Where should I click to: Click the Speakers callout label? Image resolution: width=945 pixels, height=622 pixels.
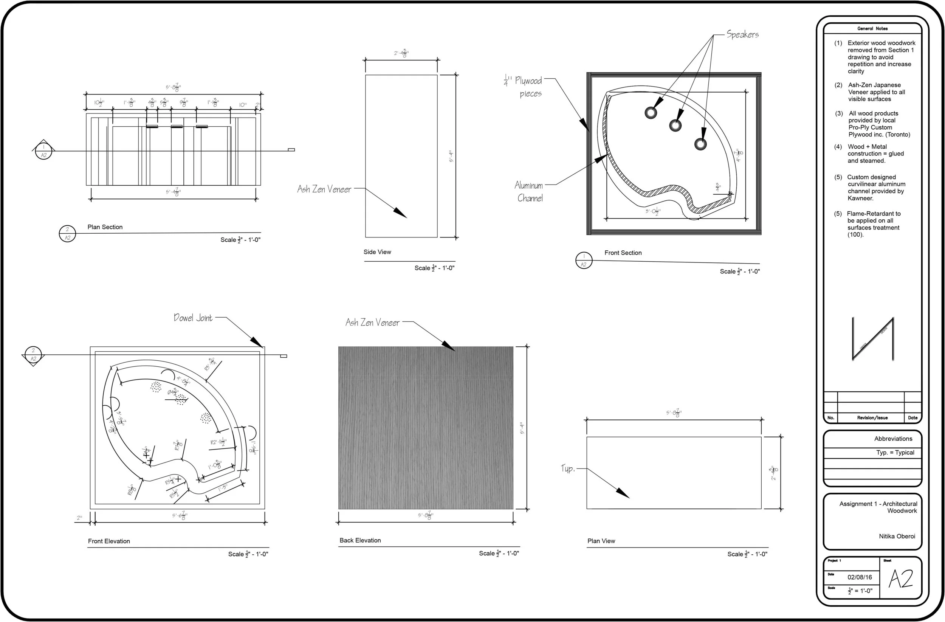point(742,34)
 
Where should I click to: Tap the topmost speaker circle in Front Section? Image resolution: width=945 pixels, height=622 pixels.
point(651,113)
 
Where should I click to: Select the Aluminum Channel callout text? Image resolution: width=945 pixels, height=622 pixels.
point(529,191)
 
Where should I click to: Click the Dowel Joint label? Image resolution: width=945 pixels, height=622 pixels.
point(193,318)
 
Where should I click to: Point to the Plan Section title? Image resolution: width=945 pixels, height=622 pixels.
point(105,227)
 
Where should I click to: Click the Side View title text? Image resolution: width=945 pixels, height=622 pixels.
point(377,252)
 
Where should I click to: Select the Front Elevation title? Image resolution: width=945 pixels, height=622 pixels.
point(109,541)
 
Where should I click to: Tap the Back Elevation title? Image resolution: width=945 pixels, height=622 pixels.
point(360,540)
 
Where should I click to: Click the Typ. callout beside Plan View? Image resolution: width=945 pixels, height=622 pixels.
point(567,469)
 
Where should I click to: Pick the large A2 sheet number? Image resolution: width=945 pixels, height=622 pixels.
point(900,579)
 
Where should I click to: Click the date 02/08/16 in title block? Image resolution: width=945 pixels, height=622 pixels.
point(860,577)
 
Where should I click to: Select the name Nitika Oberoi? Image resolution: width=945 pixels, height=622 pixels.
point(897,536)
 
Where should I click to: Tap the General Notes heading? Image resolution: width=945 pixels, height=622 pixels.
point(872,29)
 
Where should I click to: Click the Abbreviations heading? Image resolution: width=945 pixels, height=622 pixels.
point(893,439)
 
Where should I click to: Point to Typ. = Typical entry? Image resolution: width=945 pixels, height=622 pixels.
point(895,452)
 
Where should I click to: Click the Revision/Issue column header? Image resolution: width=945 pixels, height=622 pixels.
point(872,417)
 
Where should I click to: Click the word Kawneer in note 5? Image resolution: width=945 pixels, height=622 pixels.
point(860,198)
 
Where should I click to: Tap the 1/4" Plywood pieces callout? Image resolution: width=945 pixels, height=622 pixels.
point(524,87)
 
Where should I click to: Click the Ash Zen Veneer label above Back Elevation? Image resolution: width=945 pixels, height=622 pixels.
point(372,323)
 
